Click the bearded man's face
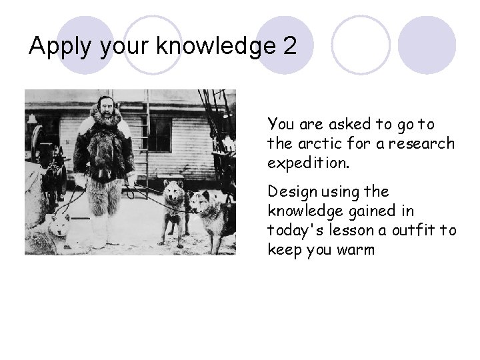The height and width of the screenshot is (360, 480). [105, 108]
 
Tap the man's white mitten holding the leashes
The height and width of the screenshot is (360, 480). [81, 180]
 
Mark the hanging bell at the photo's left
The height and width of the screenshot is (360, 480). [31, 121]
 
